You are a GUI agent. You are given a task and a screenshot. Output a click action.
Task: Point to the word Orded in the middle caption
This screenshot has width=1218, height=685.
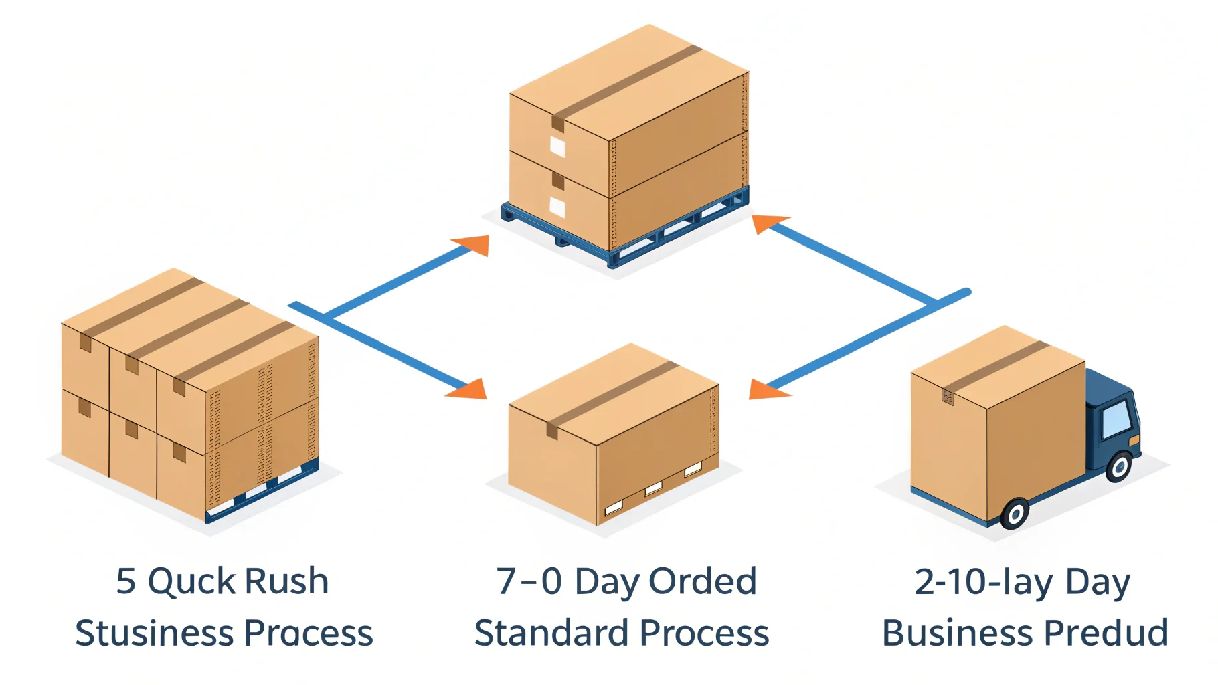[703, 581]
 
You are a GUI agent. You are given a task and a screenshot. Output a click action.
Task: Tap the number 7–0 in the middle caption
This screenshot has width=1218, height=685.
[529, 581]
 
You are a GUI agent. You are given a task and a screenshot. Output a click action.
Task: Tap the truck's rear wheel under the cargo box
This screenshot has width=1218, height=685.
[1015, 514]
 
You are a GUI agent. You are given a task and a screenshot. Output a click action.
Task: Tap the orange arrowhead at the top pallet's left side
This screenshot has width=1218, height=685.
[473, 244]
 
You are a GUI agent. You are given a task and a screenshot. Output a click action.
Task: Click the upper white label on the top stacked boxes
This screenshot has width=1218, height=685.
[557, 146]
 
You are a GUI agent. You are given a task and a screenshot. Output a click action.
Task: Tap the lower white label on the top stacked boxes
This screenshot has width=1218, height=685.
[557, 207]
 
